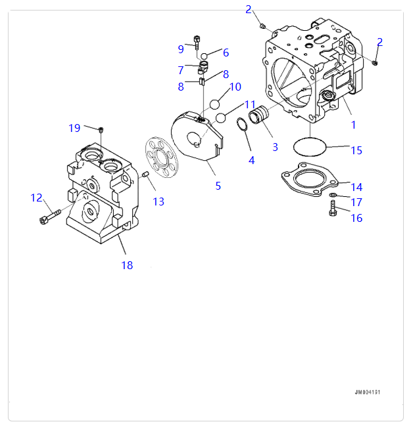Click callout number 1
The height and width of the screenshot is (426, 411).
click(x=352, y=124)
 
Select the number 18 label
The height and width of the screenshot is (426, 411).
click(x=127, y=265)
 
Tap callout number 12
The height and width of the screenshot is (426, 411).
click(x=36, y=198)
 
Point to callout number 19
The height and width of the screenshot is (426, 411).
click(x=74, y=128)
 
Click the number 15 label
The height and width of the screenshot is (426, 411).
click(x=356, y=150)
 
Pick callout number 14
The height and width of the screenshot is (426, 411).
click(x=356, y=186)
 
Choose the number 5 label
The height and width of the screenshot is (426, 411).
click(x=218, y=186)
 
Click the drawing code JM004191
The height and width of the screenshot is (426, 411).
click(x=368, y=392)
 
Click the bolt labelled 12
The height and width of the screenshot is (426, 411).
click(x=49, y=217)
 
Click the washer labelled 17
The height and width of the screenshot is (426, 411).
click(x=333, y=196)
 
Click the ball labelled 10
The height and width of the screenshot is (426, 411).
click(x=214, y=104)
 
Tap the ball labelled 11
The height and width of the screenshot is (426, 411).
click(x=222, y=118)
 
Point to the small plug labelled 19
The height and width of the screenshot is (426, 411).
click(x=101, y=129)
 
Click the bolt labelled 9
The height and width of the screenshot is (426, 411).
click(x=197, y=43)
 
